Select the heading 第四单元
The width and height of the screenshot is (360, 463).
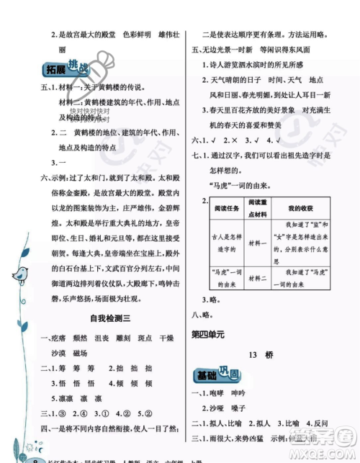tap(208, 333)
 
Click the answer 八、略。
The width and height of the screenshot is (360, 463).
tap(202, 314)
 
